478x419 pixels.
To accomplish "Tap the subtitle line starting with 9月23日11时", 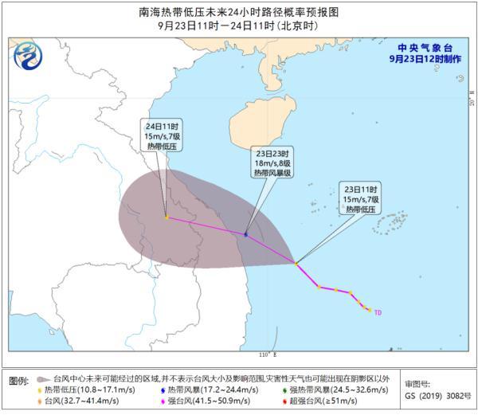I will pos(239,24).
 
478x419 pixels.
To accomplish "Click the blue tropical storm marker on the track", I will pos(245,234).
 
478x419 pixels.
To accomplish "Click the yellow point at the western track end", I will pos(166,217).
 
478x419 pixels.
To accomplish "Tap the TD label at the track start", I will pos(378,312).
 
